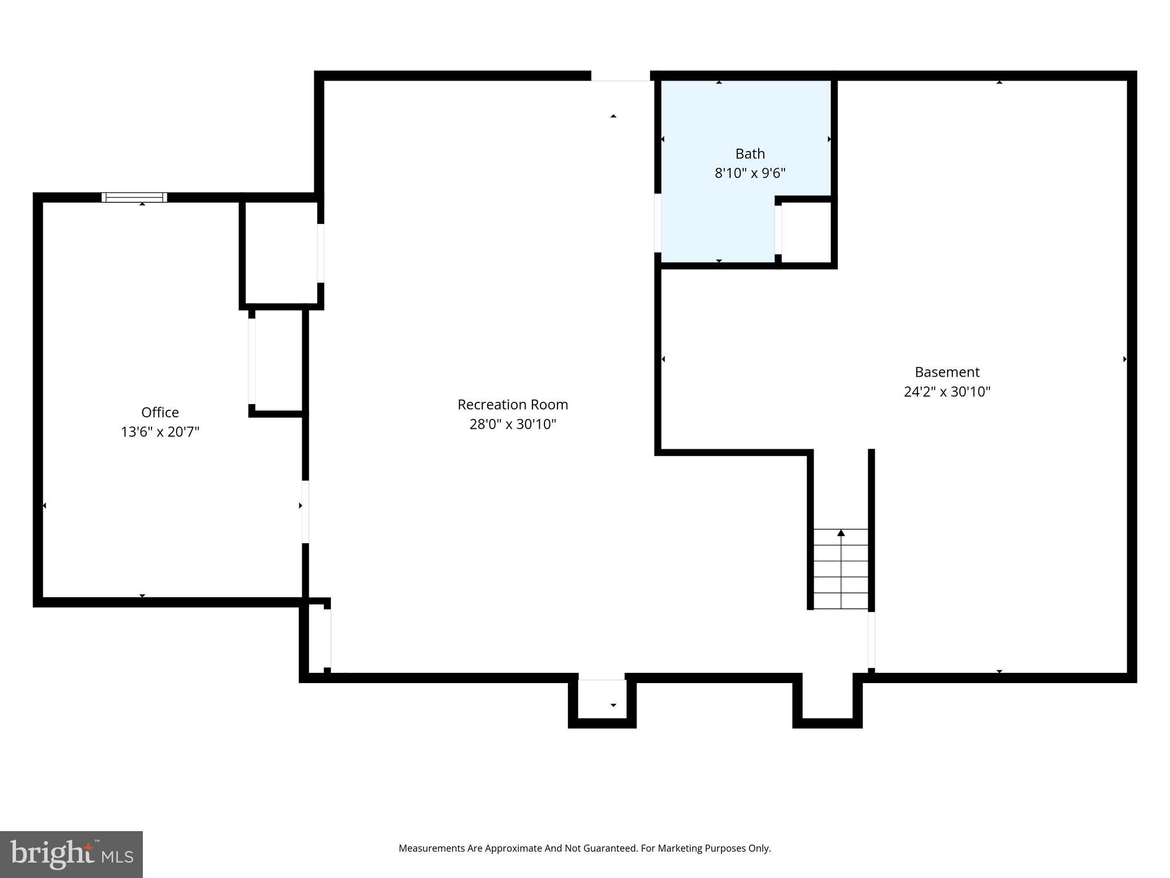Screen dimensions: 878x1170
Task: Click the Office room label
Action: pos(160,412)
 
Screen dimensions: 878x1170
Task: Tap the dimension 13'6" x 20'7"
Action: pos(160,432)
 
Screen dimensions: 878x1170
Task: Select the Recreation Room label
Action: pos(512,405)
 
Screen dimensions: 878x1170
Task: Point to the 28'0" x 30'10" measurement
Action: pos(512,424)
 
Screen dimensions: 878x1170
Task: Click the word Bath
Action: pos(750,154)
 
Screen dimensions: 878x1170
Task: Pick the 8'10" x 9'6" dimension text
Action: pos(750,173)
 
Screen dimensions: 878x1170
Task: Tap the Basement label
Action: pos(947,372)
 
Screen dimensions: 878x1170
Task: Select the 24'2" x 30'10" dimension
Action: pos(947,392)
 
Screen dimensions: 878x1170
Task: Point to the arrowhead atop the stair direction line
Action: pos(841,533)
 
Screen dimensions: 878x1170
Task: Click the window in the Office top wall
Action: pos(134,197)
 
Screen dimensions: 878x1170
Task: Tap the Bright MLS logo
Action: pos(71,854)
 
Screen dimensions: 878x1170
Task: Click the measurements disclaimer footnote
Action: pos(584,848)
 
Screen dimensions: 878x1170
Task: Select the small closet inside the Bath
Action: pos(806,232)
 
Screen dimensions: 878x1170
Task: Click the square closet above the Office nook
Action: pos(281,252)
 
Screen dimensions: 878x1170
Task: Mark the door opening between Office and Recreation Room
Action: pos(305,512)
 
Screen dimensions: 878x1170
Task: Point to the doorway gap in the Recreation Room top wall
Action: pos(620,76)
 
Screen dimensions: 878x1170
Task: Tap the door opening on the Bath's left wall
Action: pos(658,223)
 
